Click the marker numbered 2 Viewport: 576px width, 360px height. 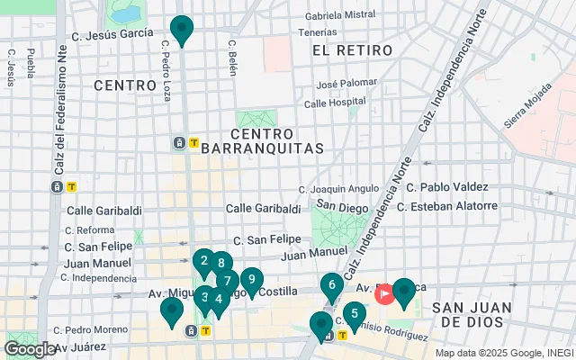tap(204, 262)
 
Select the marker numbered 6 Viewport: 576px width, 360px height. tap(332, 286)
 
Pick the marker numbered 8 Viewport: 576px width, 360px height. tap(220, 265)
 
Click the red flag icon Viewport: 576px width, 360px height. tap(384, 293)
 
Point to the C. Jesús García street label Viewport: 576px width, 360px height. tap(112, 33)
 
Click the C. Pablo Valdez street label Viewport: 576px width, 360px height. tap(447, 188)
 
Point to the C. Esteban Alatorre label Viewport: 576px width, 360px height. tap(447, 206)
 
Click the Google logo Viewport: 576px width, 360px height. tap(30, 348)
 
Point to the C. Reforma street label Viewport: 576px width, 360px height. tap(89, 230)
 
